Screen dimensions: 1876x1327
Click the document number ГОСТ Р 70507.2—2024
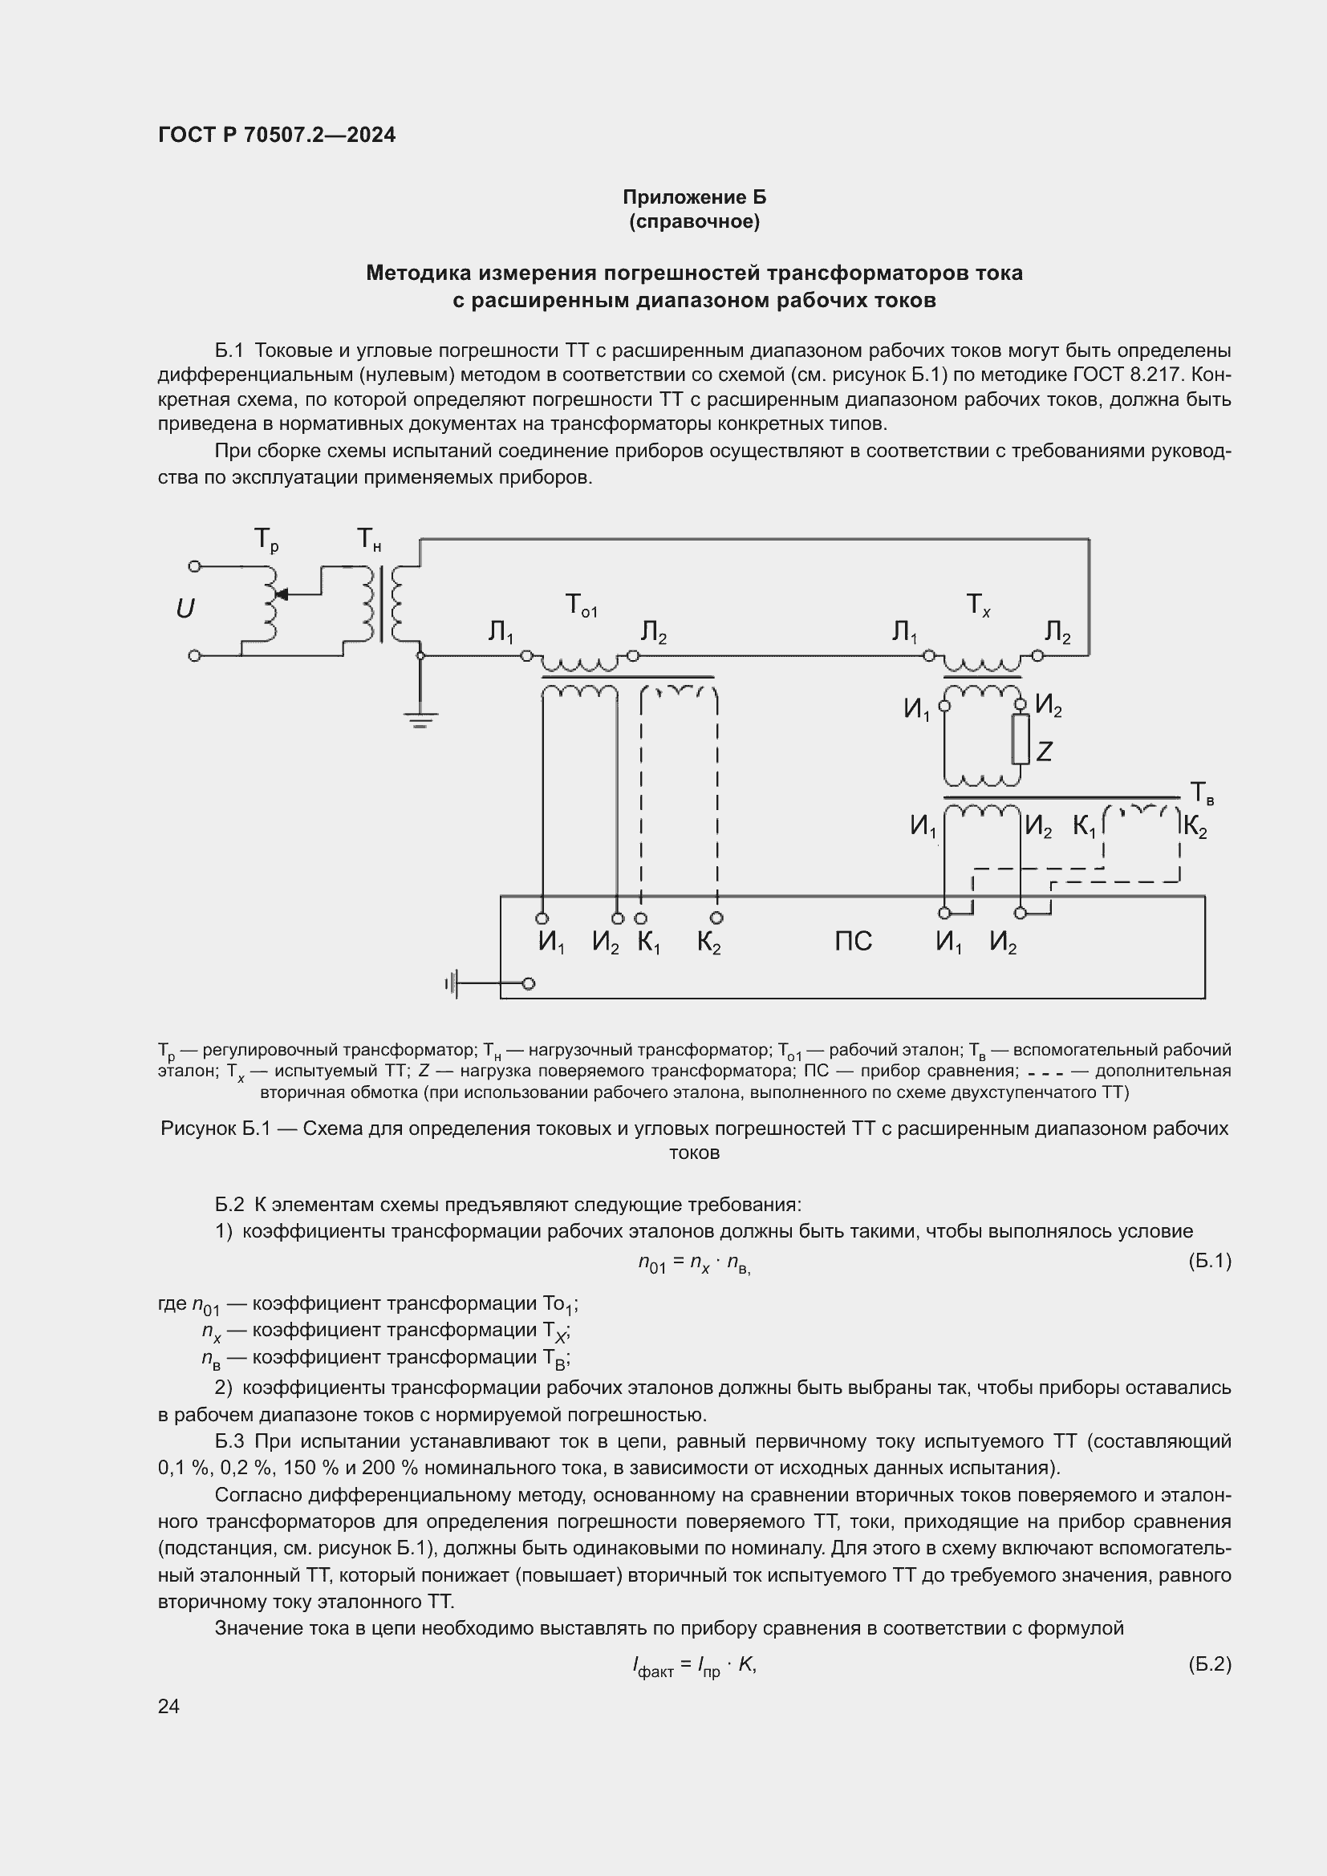click(x=276, y=135)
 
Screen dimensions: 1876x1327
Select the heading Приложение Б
click(x=694, y=197)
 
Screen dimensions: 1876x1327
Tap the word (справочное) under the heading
click(x=694, y=222)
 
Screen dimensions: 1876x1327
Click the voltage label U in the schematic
click(x=185, y=609)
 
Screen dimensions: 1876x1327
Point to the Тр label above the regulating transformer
click(x=266, y=540)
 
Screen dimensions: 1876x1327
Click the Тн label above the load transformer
click(x=368, y=540)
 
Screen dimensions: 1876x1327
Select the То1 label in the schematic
click(x=581, y=606)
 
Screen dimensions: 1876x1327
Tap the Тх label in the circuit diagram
click(x=978, y=606)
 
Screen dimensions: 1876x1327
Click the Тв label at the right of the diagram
click(x=1201, y=792)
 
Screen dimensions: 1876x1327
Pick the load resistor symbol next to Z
click(x=1021, y=740)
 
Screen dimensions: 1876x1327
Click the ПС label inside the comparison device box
click(x=853, y=942)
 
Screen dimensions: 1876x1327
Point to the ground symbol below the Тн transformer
click(x=420, y=719)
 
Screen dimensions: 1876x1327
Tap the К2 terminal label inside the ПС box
click(x=708, y=944)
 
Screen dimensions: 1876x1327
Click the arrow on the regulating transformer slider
click(x=282, y=594)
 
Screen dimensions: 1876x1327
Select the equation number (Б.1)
click(x=1209, y=1261)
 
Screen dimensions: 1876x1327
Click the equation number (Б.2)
click(x=1209, y=1663)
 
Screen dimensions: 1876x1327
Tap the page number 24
click(x=168, y=1706)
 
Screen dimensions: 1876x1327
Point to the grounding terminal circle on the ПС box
click(x=529, y=984)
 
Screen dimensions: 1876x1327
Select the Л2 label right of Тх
click(x=1057, y=632)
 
